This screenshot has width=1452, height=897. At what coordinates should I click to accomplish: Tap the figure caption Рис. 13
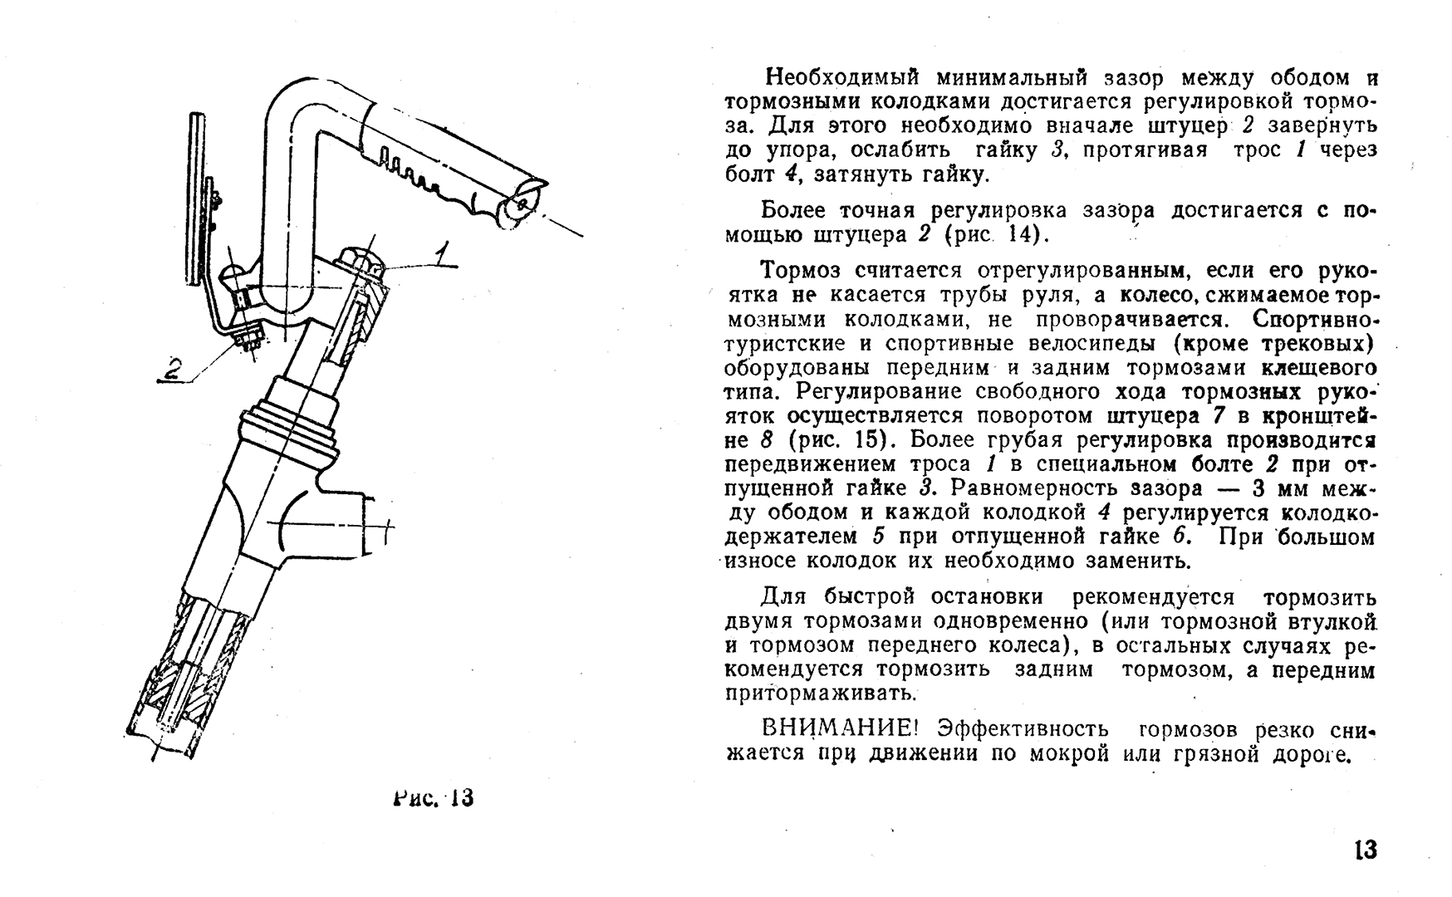click(434, 798)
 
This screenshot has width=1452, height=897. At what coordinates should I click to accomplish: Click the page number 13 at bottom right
click(1366, 850)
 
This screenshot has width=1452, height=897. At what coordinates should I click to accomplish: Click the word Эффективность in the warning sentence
click(1023, 730)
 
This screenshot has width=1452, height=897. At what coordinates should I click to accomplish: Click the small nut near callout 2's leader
click(247, 338)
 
